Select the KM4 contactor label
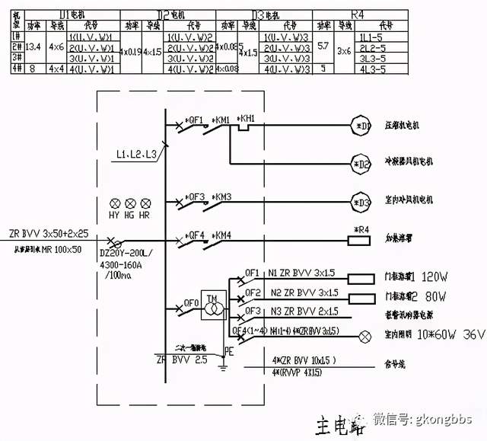[223, 234]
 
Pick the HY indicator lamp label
[116, 216]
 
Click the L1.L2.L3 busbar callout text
[136, 155]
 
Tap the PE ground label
[227, 353]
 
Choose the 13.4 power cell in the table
[33, 46]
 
